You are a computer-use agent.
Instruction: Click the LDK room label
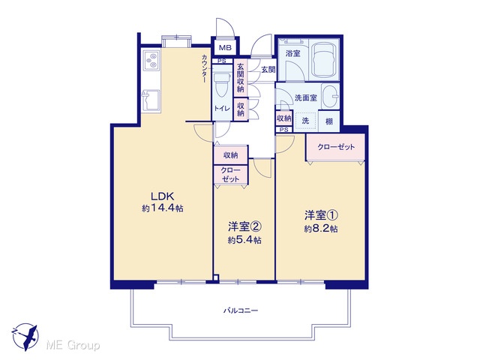click(x=163, y=196)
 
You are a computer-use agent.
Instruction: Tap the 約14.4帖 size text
click(x=163, y=208)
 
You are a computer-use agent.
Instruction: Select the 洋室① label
click(x=321, y=215)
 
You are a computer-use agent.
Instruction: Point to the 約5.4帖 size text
click(x=244, y=240)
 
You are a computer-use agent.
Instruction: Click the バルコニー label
click(x=241, y=311)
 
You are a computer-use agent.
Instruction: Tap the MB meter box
click(x=225, y=48)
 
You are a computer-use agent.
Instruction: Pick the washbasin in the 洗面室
click(x=331, y=96)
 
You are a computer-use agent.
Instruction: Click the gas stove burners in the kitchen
click(x=151, y=60)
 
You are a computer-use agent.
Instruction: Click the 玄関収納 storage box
click(x=241, y=78)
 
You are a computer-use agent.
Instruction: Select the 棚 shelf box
click(x=329, y=121)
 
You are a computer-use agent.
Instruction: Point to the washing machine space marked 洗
click(x=305, y=121)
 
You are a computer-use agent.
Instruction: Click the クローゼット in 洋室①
click(x=336, y=147)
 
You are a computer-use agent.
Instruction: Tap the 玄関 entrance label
click(x=268, y=70)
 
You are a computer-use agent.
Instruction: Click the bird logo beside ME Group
click(x=25, y=337)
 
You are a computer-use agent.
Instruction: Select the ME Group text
click(x=73, y=346)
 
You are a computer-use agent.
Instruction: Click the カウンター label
click(x=204, y=68)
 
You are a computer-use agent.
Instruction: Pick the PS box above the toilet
click(x=222, y=61)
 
